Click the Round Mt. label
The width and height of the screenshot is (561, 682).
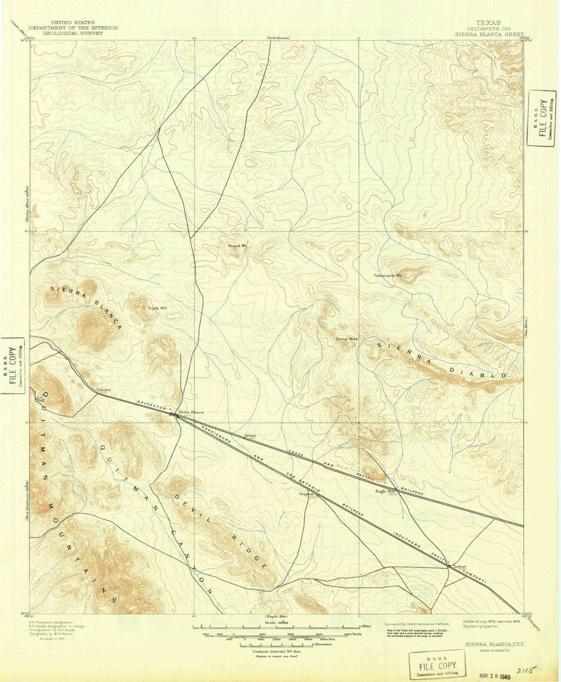237,246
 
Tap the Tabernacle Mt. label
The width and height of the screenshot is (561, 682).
388,275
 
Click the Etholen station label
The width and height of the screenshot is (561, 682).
104,390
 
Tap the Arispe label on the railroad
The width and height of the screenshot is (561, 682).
250,435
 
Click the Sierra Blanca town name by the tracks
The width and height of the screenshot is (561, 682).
191,412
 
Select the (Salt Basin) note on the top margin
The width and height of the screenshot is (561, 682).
278,38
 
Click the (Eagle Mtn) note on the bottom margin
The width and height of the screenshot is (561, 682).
276,617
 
